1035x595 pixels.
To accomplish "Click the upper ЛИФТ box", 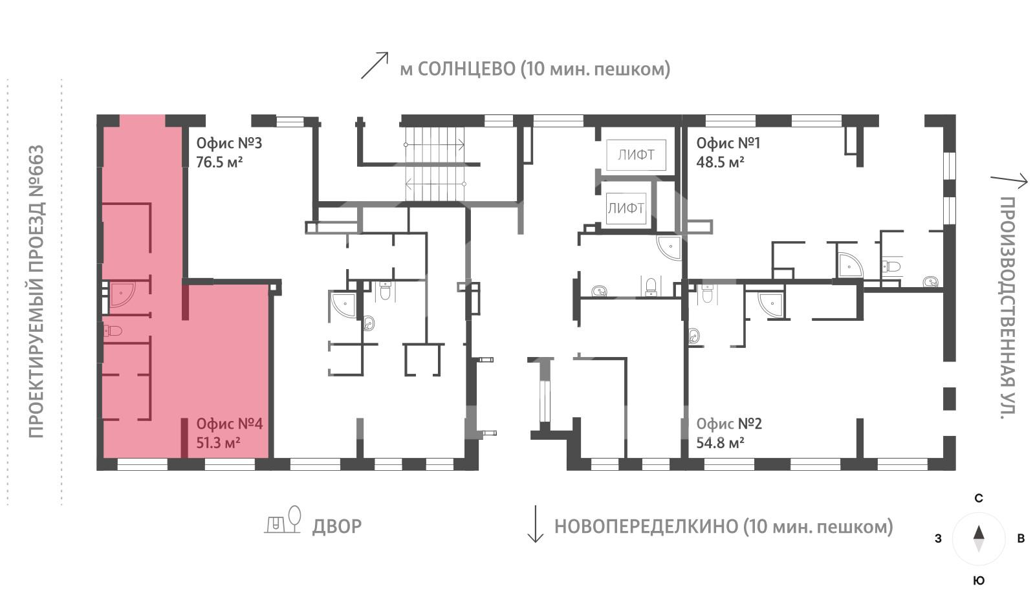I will click(635, 155).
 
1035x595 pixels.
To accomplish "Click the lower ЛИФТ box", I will click(626, 208).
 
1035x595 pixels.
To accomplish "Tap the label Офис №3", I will click(229, 143).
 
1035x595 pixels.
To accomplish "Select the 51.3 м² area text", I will click(219, 443).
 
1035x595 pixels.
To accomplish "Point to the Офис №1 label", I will click(728, 143).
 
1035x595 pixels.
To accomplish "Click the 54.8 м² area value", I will click(720, 443).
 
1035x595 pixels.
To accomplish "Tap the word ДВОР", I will click(336, 526).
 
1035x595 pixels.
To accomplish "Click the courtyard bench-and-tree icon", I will click(283, 520).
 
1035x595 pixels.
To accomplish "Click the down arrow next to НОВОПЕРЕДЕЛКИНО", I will click(535, 524).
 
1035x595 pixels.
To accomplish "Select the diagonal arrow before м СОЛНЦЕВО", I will click(374, 65).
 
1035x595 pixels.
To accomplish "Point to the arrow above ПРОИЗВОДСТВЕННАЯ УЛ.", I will click(1008, 180).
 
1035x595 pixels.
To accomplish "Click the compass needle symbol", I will click(979, 538).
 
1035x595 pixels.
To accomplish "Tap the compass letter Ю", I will click(979, 580).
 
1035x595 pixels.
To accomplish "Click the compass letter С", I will click(979, 498).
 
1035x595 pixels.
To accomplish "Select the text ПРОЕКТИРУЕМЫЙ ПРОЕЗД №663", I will click(36, 291).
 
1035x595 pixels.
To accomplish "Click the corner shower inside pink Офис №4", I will click(121, 294).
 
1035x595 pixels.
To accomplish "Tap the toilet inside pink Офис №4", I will click(113, 331).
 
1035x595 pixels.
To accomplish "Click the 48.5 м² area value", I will click(720, 162).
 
